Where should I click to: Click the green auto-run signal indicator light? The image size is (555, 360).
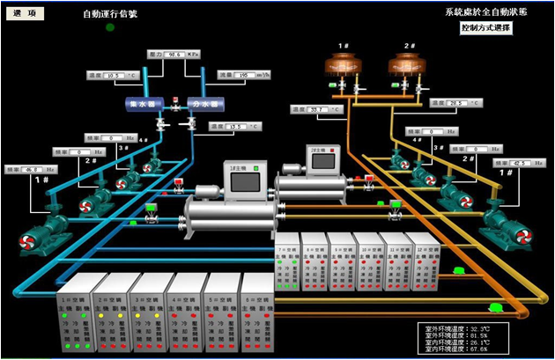tap(110, 27)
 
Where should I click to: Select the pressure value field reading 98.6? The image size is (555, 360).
tap(173, 55)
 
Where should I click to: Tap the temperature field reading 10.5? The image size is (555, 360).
tap(117, 77)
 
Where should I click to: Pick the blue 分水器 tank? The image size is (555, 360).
tap(204, 103)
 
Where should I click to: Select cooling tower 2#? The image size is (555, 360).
tap(408, 64)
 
